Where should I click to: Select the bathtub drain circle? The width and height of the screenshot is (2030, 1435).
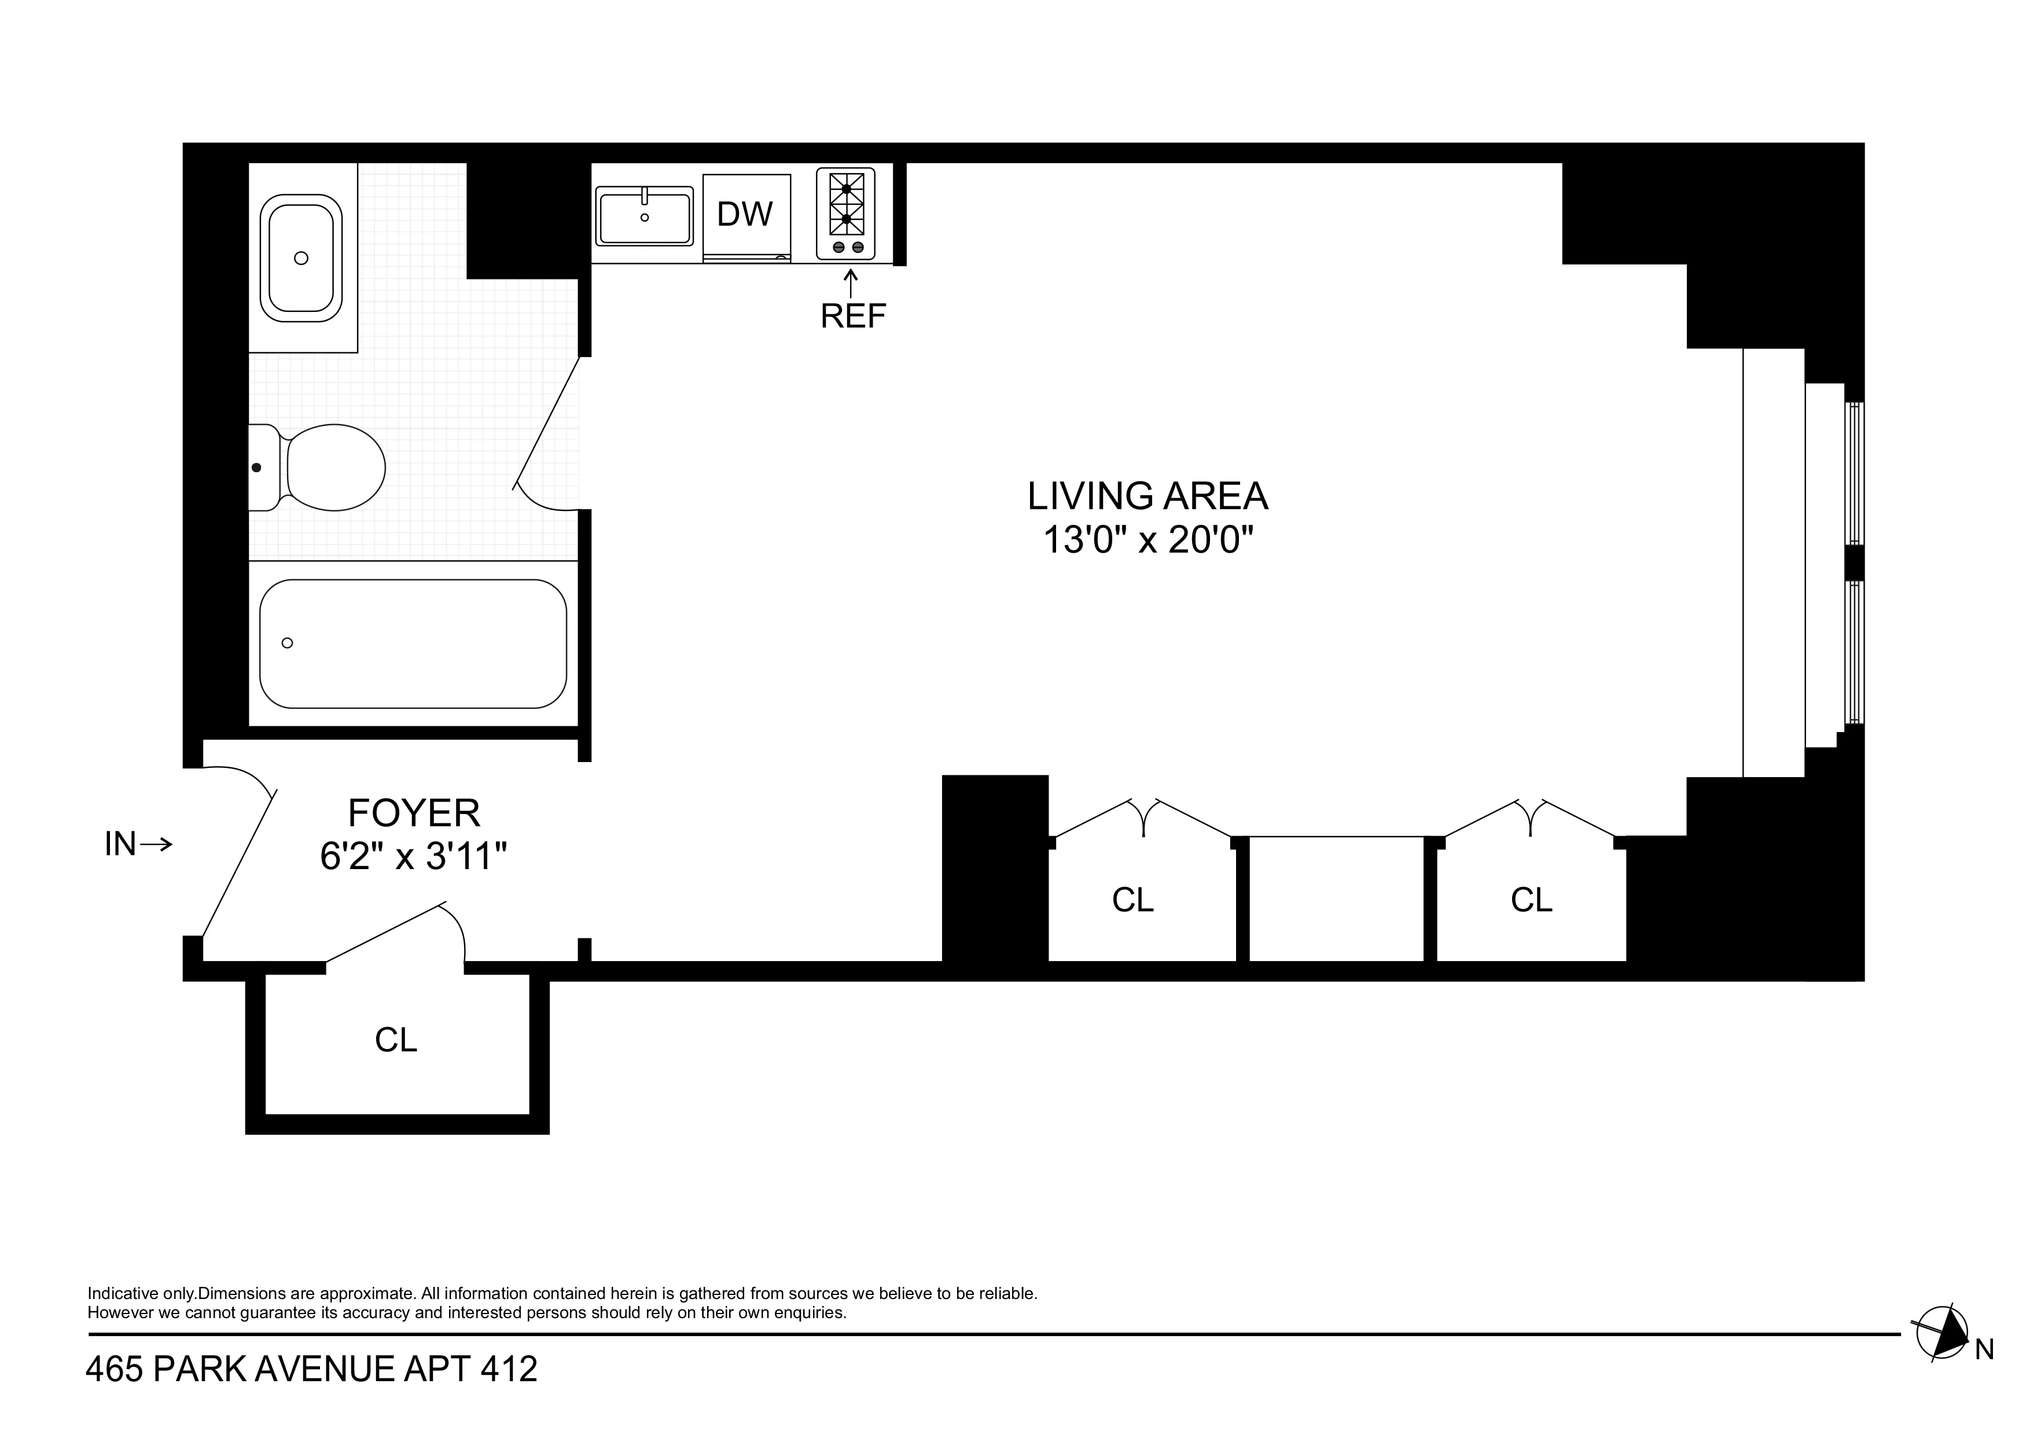[x=288, y=643]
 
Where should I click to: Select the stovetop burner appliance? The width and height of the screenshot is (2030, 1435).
[x=845, y=214]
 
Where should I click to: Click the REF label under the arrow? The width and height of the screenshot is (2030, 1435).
[x=852, y=317]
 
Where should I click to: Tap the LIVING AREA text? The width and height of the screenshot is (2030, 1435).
[x=1147, y=496]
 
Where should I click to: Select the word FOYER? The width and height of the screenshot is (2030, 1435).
[x=414, y=812]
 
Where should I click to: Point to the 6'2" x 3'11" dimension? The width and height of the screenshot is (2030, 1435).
[x=413, y=856]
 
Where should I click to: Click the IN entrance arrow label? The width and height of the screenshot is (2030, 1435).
[x=137, y=844]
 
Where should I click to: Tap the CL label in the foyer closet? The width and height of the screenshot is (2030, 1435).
[x=395, y=1040]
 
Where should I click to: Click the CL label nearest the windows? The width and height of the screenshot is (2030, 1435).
[x=1531, y=900]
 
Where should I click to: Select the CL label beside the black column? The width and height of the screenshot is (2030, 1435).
[x=1132, y=900]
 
